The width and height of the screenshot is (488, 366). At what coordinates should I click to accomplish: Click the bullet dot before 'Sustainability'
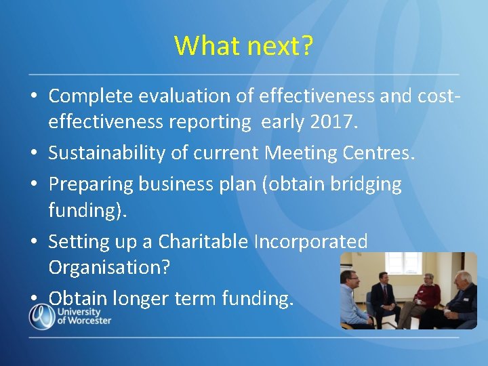(x=33, y=154)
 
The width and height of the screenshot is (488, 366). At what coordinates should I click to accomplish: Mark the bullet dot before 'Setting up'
(x=33, y=242)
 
